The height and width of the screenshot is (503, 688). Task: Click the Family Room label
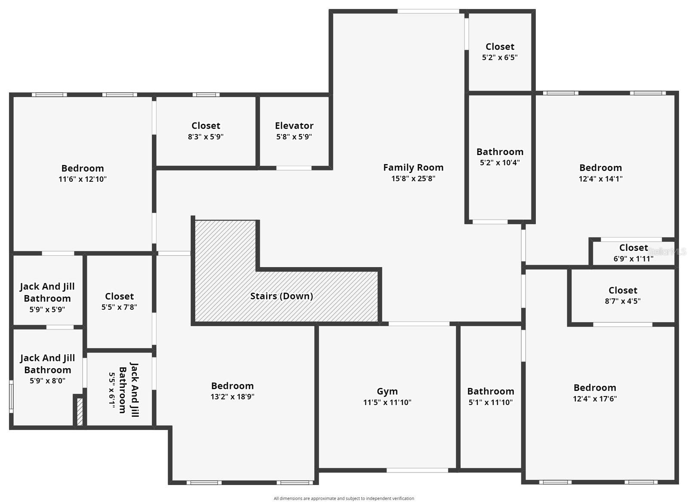[x=413, y=168]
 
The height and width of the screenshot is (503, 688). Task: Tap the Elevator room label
[x=294, y=126]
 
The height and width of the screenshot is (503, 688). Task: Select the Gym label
[x=387, y=391]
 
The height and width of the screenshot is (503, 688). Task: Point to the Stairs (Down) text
[x=282, y=296]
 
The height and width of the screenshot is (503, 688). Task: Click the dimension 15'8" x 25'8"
[x=413, y=178]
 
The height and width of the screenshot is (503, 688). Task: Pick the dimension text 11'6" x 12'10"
[x=83, y=179]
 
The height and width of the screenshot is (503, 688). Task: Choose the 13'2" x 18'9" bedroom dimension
[x=233, y=396]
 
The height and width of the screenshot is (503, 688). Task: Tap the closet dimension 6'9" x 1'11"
[x=633, y=259]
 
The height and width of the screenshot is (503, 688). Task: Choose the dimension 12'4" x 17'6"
[x=595, y=399]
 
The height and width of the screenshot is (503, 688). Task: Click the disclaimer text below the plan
[x=344, y=498]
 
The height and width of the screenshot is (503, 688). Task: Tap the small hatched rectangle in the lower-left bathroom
[x=80, y=411]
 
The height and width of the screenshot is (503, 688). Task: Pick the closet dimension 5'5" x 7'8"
[x=119, y=307]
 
